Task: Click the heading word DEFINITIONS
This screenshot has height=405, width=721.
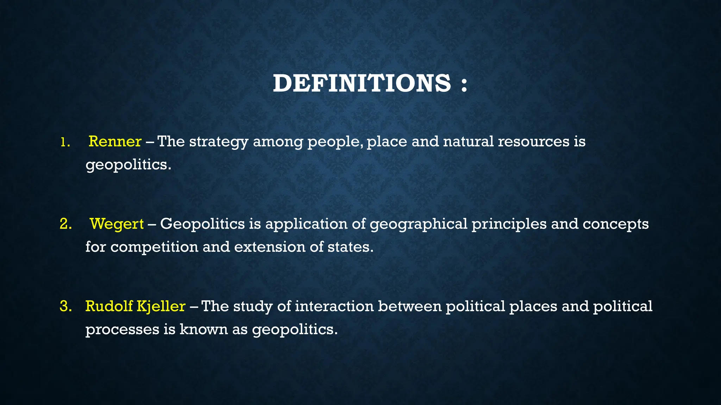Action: (x=362, y=84)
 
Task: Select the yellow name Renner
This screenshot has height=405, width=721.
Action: (x=115, y=141)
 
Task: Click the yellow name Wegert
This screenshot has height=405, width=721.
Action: (x=117, y=224)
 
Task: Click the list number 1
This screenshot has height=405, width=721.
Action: (x=64, y=142)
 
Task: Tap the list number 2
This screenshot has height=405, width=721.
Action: (x=65, y=224)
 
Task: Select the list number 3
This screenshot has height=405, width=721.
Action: (x=65, y=306)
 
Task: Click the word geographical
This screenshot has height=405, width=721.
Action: (x=418, y=224)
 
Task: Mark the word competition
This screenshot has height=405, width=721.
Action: (x=154, y=247)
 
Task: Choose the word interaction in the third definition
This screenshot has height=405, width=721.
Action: (x=334, y=306)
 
